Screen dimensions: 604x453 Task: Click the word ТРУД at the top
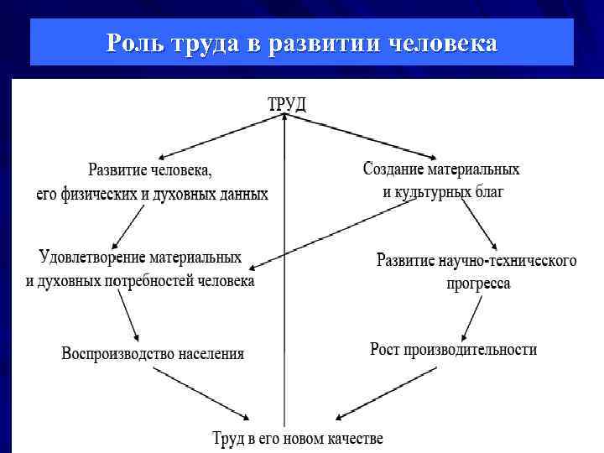[x=287, y=104]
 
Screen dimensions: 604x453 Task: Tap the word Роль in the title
[x=134, y=43]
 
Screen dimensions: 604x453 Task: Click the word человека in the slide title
[x=444, y=43]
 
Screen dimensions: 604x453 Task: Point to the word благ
[x=488, y=192]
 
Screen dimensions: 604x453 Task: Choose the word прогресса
[x=477, y=284]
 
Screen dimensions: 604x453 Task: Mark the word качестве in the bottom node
[x=353, y=438]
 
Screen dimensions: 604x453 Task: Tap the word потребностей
[x=149, y=280]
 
